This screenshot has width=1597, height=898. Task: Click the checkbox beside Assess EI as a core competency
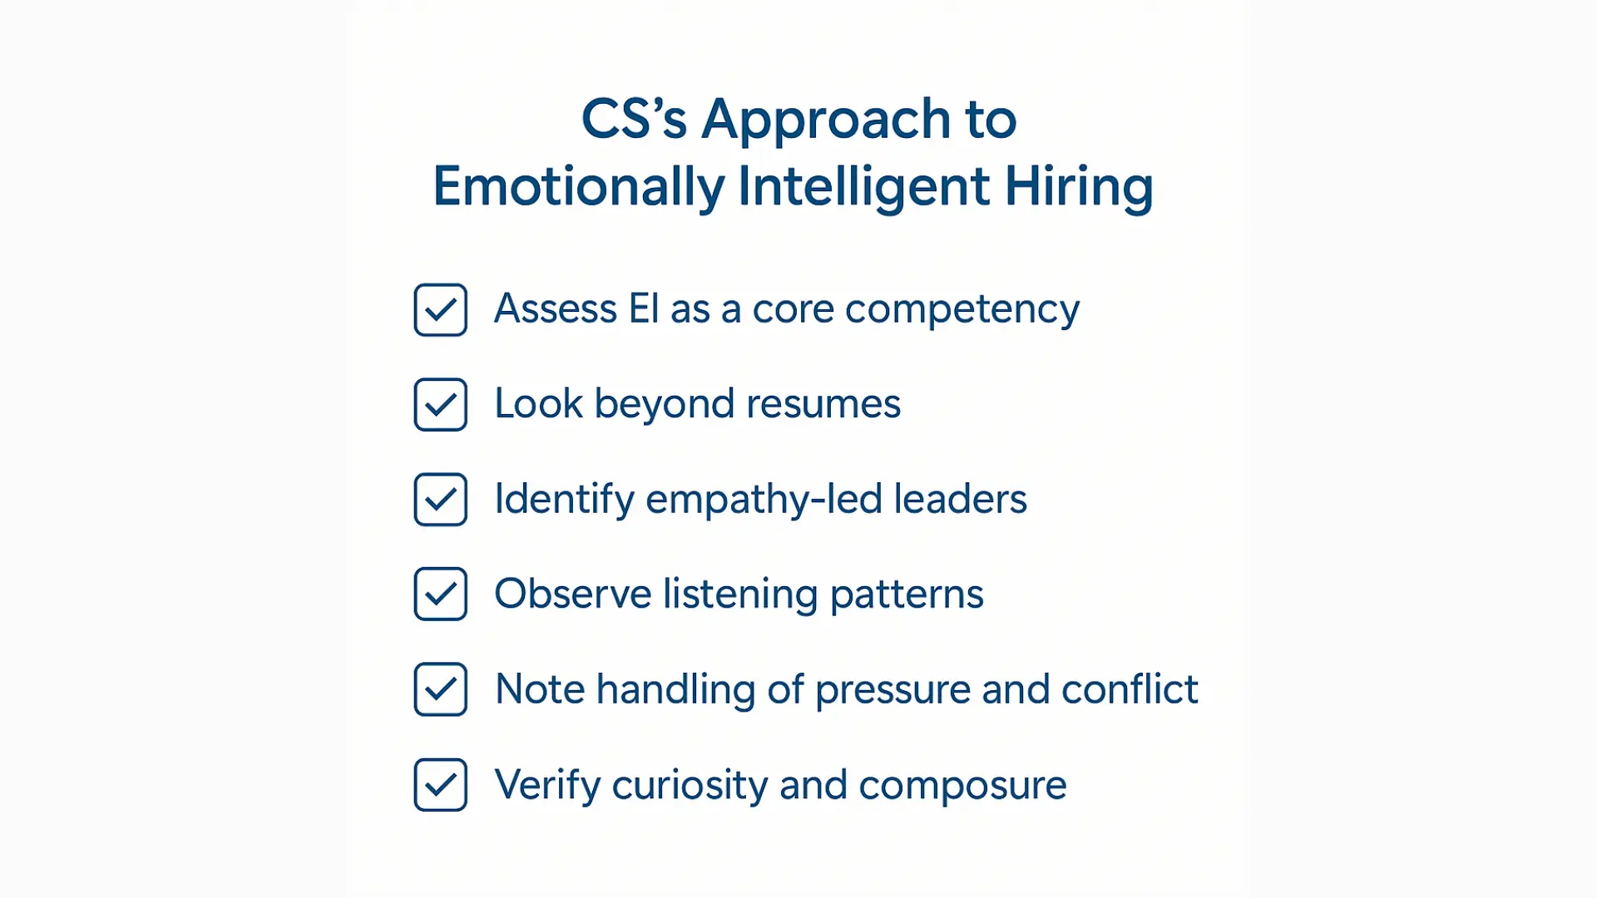440,310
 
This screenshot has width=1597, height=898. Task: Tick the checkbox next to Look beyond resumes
440,405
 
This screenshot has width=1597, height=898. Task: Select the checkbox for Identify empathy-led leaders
440,500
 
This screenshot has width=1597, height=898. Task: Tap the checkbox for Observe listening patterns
440,595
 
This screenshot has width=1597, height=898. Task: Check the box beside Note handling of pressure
440,689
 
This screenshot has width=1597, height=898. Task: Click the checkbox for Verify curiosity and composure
440,785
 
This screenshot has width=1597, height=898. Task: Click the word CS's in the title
634,119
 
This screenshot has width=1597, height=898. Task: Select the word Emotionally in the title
578,187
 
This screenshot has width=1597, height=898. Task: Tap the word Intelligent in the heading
863,187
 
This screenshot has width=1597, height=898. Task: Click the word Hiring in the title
1079,187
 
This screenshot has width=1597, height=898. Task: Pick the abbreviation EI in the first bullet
644,309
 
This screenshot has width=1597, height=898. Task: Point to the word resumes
823,405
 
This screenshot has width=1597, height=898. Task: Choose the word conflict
1130,689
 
